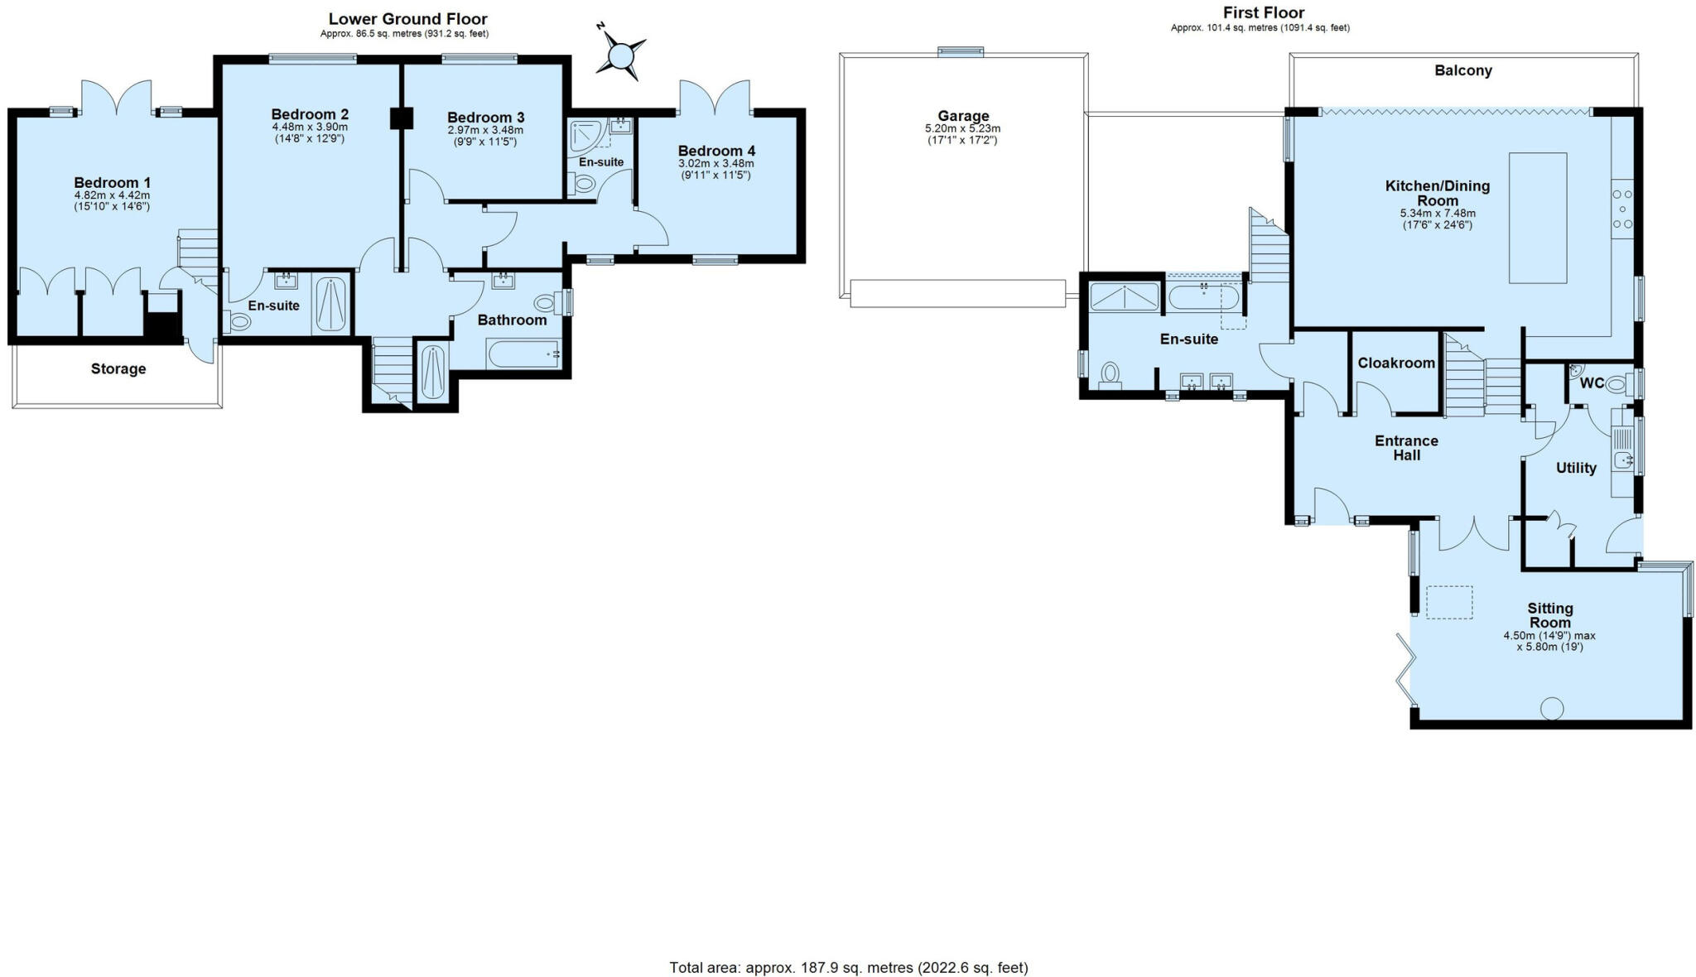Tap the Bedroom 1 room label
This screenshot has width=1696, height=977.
tap(113, 183)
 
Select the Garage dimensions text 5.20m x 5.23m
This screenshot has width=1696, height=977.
tap(962, 129)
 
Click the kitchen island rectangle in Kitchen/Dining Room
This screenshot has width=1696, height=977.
tap(1537, 218)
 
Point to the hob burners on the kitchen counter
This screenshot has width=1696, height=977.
tap(1621, 209)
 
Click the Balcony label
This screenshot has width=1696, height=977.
tap(1462, 71)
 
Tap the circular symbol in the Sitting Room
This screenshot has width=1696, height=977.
tap(1551, 709)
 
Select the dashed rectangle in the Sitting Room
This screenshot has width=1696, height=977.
tap(1449, 602)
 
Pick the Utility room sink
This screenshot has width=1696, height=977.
tap(1622, 460)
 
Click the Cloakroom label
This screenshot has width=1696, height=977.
tap(1395, 363)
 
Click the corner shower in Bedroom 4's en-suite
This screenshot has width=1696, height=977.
tap(586, 135)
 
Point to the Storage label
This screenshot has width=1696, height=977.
tap(118, 369)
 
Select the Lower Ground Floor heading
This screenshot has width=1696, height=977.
tap(407, 19)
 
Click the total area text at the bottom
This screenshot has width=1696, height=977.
tap(848, 967)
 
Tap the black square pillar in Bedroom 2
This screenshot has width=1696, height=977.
tap(401, 118)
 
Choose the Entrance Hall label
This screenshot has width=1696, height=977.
tap(1406, 448)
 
